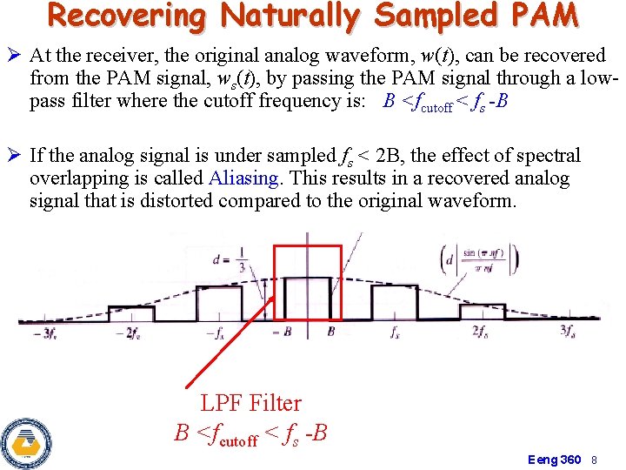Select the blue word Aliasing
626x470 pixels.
click(x=244, y=178)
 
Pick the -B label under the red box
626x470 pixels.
click(x=283, y=332)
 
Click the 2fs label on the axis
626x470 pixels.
click(x=480, y=332)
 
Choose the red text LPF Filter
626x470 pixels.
click(x=250, y=403)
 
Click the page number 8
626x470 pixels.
click(x=595, y=459)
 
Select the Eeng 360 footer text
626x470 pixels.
click(x=555, y=459)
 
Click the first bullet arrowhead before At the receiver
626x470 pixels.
click(x=16, y=57)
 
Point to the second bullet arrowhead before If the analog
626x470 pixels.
click(x=16, y=157)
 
